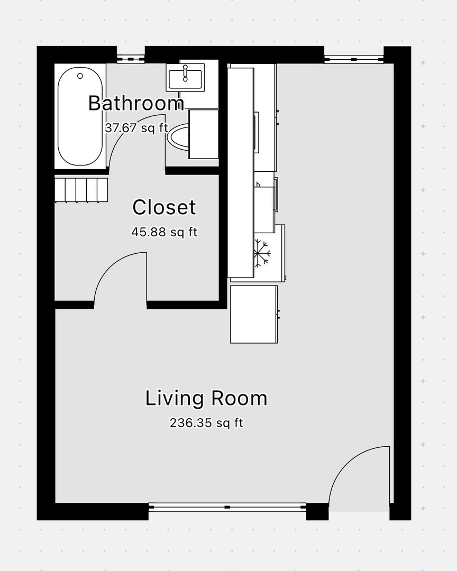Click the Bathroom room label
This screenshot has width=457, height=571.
136,103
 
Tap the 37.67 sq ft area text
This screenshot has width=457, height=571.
136,128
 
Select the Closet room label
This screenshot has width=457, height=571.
164,207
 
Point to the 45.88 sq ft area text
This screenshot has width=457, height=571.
164,232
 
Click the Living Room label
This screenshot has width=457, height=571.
206,398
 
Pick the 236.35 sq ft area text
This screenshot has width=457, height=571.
206,423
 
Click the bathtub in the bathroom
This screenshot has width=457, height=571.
80,116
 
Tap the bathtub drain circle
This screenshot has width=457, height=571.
80,76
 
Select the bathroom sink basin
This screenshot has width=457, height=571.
185,77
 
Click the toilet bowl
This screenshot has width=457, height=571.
178,136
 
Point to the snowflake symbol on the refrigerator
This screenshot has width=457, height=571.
262,252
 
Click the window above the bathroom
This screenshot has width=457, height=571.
131,58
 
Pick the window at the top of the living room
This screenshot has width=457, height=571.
354,58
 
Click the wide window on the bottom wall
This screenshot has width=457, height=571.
227,507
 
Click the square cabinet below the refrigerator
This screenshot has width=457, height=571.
254,314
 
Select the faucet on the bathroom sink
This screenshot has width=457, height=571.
185,73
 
